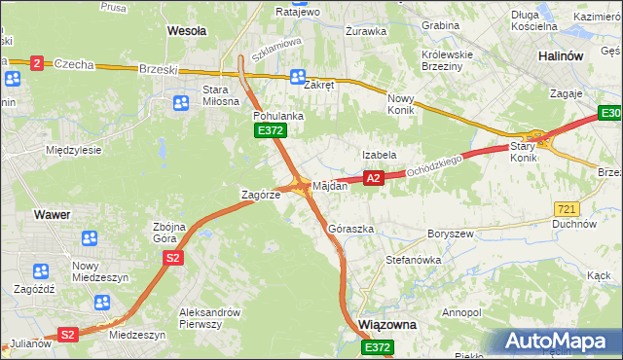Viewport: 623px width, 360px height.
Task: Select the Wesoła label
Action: click(186, 31)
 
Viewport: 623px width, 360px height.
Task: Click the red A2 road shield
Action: click(374, 178)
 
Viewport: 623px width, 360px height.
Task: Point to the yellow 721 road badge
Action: click(567, 209)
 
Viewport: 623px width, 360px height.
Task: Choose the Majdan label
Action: click(330, 185)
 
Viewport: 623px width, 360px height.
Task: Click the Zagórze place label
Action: click(261, 195)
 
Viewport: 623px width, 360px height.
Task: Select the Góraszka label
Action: click(351, 230)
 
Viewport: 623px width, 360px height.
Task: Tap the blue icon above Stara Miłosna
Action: click(181, 102)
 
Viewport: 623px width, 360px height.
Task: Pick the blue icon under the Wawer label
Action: click(90, 237)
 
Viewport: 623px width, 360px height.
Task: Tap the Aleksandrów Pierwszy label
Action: click(210, 318)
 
